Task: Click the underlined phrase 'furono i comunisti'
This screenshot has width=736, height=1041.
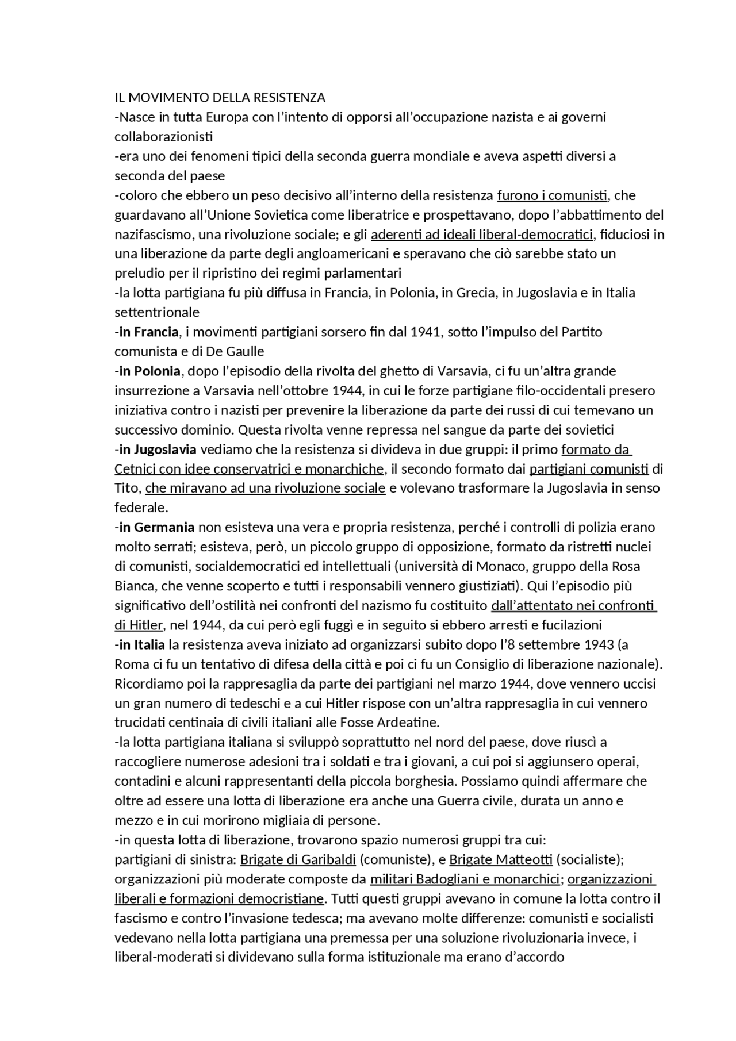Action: [x=552, y=195]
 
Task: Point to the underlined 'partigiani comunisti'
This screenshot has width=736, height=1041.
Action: [x=589, y=469]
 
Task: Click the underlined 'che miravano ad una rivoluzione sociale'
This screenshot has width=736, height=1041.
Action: [x=265, y=489]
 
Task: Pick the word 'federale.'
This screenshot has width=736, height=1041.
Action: [x=141, y=508]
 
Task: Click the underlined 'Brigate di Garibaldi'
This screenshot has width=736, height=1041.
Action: [x=298, y=859]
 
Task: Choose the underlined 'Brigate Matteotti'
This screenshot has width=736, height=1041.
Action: [x=500, y=859]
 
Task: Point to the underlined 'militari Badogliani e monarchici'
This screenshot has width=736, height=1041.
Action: [x=465, y=879]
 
